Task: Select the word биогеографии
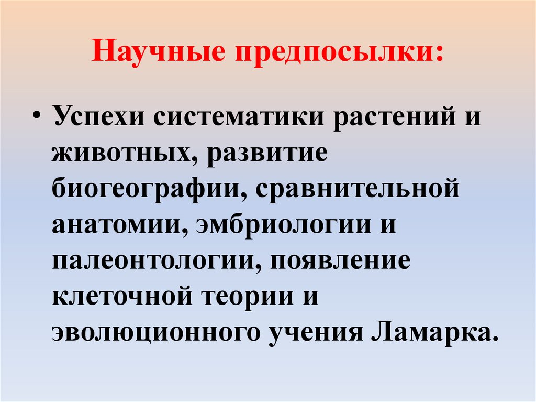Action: pos(142,189)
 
